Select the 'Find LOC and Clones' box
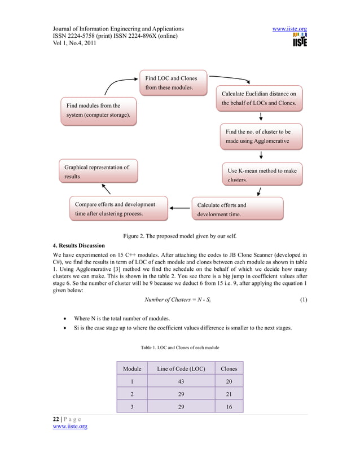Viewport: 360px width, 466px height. click(x=173, y=82)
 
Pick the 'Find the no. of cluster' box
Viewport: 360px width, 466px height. click(x=261, y=136)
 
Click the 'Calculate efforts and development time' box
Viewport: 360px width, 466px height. click(x=237, y=209)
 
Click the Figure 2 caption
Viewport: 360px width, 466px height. click(x=180, y=236)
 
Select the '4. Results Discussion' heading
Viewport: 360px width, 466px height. click(x=78, y=245)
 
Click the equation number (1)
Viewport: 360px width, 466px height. click(x=303, y=300)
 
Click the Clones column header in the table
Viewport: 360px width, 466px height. click(x=229, y=368)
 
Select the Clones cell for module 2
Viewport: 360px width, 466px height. click(x=229, y=394)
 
